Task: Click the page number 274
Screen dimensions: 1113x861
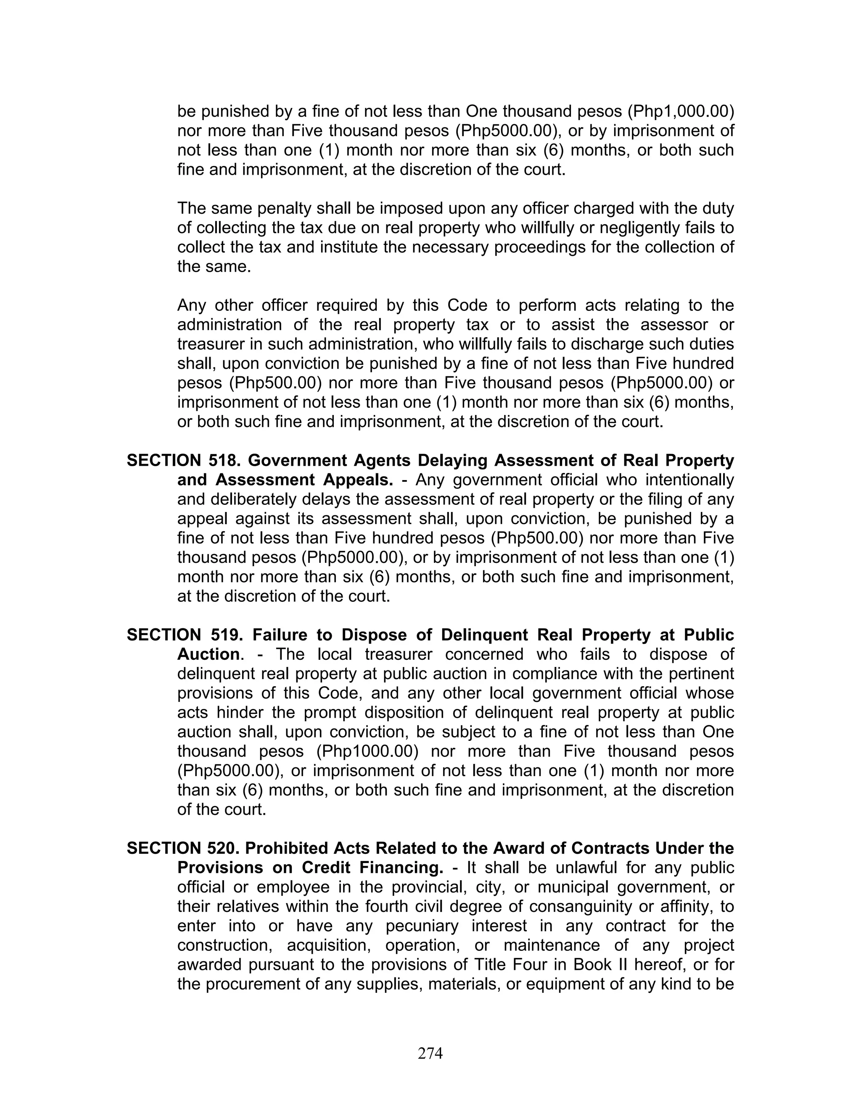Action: [430, 1053]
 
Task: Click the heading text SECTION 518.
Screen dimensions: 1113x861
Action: [184, 461]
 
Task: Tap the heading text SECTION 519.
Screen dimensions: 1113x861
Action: [184, 635]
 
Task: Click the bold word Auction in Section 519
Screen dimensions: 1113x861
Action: [209, 654]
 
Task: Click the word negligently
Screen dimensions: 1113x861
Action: [625, 228]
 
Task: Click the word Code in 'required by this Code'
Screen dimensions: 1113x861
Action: [464, 305]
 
